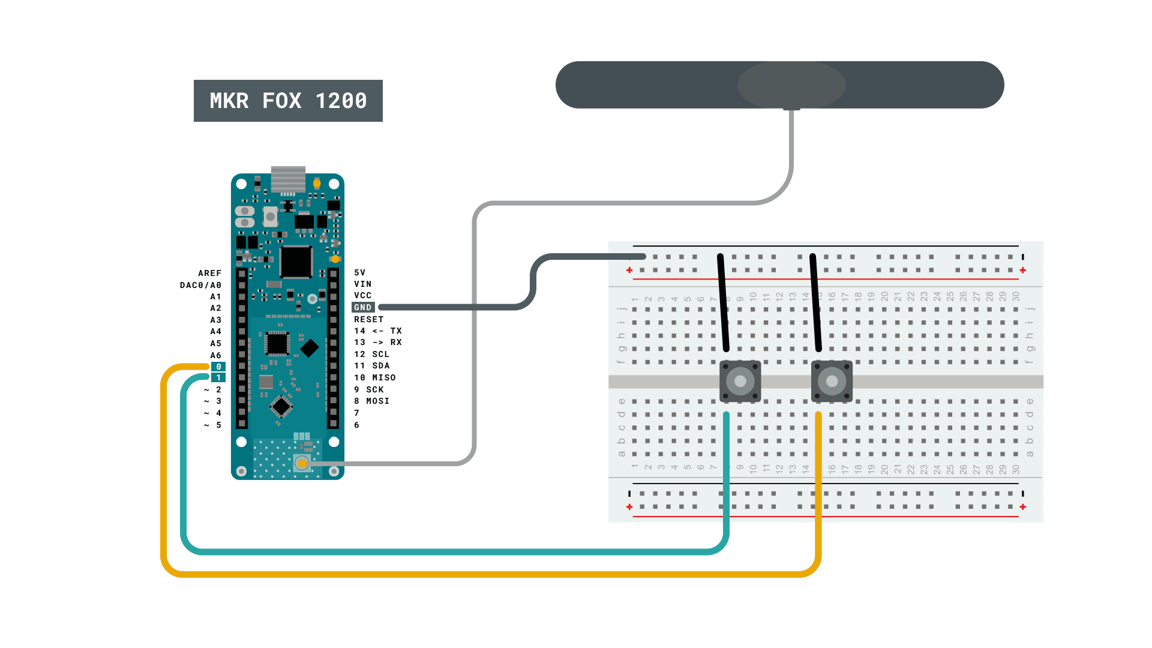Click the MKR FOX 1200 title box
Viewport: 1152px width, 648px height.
(288, 101)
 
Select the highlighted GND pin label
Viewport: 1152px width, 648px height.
(363, 307)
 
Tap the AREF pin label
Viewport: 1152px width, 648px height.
(209, 273)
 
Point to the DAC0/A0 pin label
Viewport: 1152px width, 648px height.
(200, 285)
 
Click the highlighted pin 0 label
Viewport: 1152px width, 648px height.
(218, 367)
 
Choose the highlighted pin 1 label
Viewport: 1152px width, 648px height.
(218, 377)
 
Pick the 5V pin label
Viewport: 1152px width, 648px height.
(359, 272)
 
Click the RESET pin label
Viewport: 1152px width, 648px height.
(368, 319)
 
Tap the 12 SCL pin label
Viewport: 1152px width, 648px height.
(371, 354)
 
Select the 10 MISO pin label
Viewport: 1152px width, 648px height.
(374, 377)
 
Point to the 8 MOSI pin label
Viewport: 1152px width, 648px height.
(371, 401)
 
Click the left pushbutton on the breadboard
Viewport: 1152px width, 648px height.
(740, 381)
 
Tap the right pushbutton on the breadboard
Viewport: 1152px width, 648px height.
(832, 381)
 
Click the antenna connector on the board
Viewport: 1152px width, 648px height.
(302, 463)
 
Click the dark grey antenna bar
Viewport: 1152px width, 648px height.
(779, 85)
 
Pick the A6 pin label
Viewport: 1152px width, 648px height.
(215, 355)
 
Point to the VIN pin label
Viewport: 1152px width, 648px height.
(362, 284)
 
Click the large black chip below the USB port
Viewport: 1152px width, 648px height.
(296, 262)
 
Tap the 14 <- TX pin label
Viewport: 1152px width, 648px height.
(377, 331)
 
